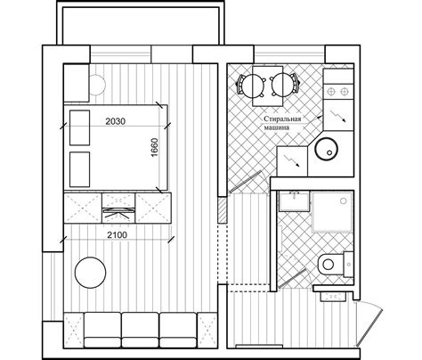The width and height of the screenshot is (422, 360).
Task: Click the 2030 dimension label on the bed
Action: click(x=116, y=121)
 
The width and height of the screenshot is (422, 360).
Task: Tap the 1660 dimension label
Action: click(x=155, y=148)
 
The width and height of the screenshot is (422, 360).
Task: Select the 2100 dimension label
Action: click(x=117, y=235)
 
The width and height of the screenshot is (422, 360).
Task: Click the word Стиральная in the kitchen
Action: click(x=282, y=119)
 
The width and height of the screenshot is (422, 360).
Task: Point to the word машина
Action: click(x=277, y=127)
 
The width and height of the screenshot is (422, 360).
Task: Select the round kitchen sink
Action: click(x=326, y=149)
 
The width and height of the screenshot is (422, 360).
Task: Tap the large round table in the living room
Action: click(x=90, y=273)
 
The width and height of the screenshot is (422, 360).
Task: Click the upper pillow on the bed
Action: click(x=79, y=127)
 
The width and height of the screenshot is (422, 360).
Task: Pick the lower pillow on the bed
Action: click(x=79, y=169)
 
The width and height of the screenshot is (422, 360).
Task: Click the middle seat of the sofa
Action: click(x=140, y=330)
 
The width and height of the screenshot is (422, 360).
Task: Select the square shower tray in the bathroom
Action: click(x=332, y=211)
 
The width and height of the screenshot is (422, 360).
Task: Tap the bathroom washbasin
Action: click(x=294, y=201)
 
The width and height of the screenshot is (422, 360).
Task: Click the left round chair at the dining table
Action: click(x=252, y=85)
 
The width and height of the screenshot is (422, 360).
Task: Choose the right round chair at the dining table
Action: click(x=284, y=85)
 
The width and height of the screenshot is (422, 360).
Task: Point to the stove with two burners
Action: click(x=338, y=92)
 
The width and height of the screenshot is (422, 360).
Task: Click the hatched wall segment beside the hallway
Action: click(x=223, y=210)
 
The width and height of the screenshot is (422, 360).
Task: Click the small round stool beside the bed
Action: click(x=97, y=85)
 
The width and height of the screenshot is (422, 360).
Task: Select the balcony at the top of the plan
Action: click(x=141, y=23)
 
